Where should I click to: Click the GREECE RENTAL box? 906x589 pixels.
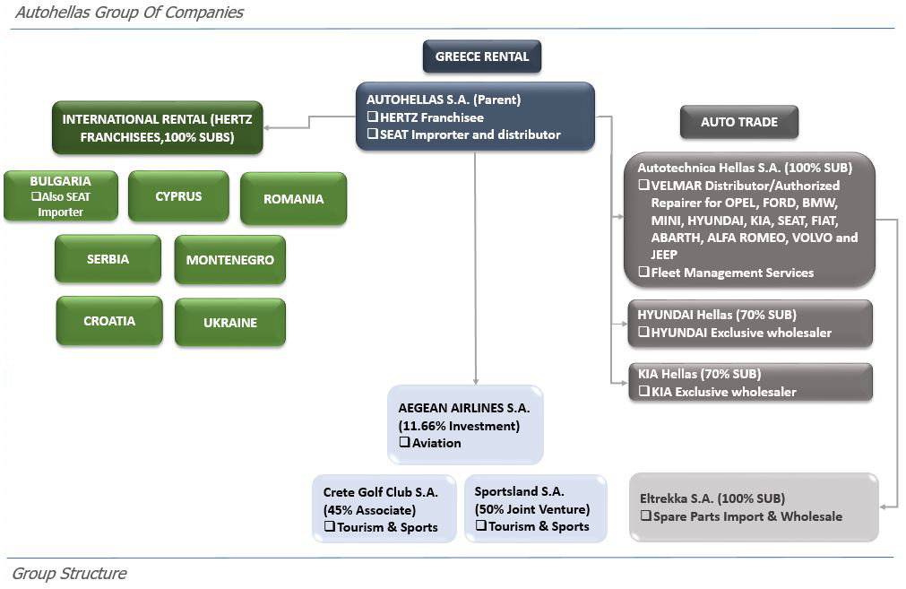482,56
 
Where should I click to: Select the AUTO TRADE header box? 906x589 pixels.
739,122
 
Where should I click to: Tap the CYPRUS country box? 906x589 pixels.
178,196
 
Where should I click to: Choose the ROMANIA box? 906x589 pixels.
294,198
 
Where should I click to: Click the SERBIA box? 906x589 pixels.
108,258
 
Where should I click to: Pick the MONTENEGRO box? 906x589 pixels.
230,259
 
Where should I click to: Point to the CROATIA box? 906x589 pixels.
109,321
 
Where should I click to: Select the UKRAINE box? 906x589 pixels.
230,322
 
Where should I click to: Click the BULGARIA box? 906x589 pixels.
61,196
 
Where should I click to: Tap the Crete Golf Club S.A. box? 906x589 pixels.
384,508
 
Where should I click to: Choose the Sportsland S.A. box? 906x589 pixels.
536,508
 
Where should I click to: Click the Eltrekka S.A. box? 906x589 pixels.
754,507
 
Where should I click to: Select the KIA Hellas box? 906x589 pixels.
751,382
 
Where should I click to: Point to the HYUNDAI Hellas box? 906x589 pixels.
751,323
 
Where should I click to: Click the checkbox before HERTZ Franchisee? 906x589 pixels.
372,117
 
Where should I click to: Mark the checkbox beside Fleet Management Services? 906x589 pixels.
643,272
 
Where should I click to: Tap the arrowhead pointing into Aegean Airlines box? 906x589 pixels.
476,382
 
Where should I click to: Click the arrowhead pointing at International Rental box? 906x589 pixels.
266,127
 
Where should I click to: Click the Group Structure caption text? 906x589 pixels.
69,574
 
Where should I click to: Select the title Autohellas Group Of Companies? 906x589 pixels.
129,13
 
